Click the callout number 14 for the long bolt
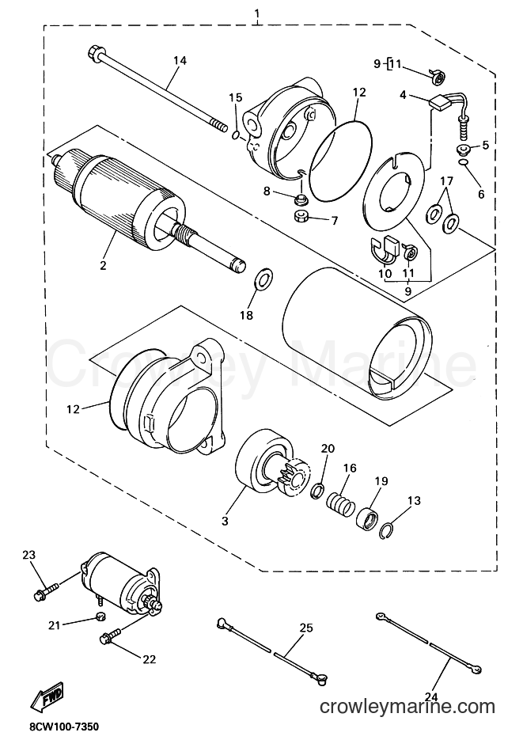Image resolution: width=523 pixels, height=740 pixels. tap(180, 60)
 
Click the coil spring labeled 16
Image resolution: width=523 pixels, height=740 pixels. tap(340, 502)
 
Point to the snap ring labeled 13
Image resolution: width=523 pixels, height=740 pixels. tap(388, 530)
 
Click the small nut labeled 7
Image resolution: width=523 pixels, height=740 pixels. tap(299, 218)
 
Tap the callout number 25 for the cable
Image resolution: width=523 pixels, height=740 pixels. tap(306, 628)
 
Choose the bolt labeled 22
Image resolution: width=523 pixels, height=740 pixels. tap(111, 635)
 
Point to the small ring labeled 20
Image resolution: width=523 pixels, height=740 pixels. tap(318, 491)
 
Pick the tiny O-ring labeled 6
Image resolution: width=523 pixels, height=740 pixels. tap(464, 163)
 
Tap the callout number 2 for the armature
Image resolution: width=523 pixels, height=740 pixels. tap(103, 265)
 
